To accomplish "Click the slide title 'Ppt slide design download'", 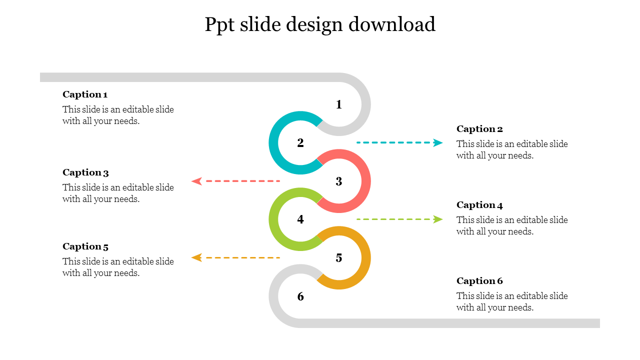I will point(320,24).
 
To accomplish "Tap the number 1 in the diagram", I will point(339,104).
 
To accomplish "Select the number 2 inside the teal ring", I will point(300,143).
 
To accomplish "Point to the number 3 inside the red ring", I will point(339,181).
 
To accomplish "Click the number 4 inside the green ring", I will point(300,219).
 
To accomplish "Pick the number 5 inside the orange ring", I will point(339,258).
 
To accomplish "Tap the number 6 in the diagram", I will point(300,296).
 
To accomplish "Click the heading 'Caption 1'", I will point(85,94).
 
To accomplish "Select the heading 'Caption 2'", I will point(479,129).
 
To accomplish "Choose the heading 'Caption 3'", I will point(85,172).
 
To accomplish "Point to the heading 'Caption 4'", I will point(479,205).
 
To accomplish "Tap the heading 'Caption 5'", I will point(85,246).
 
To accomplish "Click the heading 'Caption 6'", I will point(479,281).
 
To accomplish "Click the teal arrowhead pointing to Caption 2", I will point(438,143).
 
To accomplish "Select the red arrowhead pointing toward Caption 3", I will point(196,181).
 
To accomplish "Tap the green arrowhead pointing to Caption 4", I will point(438,219).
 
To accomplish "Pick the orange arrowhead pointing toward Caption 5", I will point(196,257).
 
